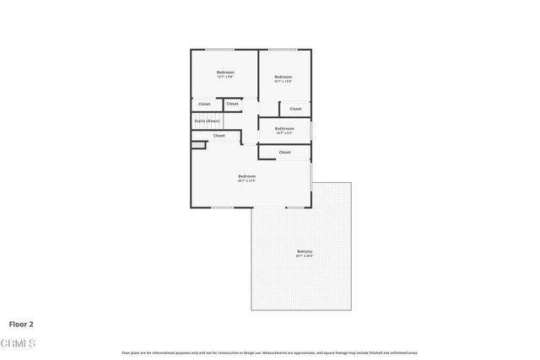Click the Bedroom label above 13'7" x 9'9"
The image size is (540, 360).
pos(224,73)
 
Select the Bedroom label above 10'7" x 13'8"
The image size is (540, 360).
pos(283,77)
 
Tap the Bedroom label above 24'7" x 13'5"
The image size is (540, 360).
pos(246,175)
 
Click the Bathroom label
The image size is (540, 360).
pos(284,129)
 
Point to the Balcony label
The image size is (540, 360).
pos(305,251)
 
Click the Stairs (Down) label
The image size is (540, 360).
pos(207,121)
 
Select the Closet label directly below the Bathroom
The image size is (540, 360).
pos(284,152)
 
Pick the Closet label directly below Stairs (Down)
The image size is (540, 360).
pos(219,135)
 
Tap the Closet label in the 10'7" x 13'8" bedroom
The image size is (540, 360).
pos(295,109)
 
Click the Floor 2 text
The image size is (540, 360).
pos(21,323)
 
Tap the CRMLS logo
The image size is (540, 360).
pos(18,343)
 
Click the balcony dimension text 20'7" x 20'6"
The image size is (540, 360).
pos(305,256)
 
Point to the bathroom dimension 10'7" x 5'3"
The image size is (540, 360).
pos(284,133)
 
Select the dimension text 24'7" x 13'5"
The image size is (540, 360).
pos(246,180)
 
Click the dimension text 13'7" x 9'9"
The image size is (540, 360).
pos(224,78)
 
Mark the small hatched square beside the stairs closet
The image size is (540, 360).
pos(198,145)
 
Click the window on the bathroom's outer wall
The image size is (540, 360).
pos(310,131)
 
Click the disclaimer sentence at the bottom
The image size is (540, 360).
pos(269,352)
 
